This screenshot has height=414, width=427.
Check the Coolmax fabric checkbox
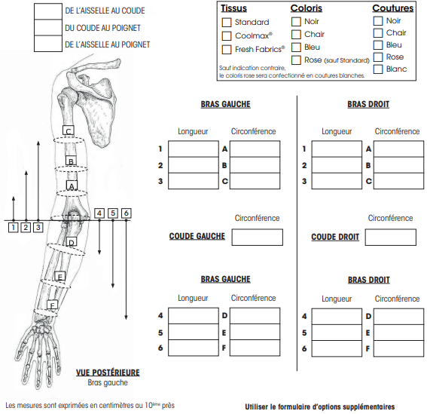click(x=227, y=35)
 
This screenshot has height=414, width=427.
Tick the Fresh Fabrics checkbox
click(x=227, y=49)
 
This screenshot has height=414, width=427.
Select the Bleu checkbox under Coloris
click(x=296, y=48)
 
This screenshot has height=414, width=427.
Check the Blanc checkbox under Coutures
click(x=378, y=69)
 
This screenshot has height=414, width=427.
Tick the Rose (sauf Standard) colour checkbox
click(x=296, y=60)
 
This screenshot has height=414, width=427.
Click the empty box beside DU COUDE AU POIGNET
click(x=48, y=28)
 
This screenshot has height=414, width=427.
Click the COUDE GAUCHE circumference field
click(x=258, y=238)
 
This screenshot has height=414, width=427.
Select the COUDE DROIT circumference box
click(x=391, y=238)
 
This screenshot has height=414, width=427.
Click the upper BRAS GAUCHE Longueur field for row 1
click(x=194, y=149)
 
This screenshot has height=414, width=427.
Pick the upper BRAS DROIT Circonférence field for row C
click(x=398, y=181)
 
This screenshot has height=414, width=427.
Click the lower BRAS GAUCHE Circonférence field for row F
click(x=255, y=348)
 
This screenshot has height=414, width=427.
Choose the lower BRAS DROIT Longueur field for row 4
click(x=337, y=317)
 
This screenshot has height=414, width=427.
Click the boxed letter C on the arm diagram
click(x=69, y=130)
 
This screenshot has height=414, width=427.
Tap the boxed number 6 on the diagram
click(x=126, y=213)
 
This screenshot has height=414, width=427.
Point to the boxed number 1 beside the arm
click(x=13, y=227)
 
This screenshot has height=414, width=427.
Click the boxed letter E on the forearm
click(x=60, y=277)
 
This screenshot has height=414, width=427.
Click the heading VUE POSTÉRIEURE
click(x=108, y=373)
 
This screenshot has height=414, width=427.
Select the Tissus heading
click(x=233, y=8)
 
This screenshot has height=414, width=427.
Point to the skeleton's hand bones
click(x=38, y=353)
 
